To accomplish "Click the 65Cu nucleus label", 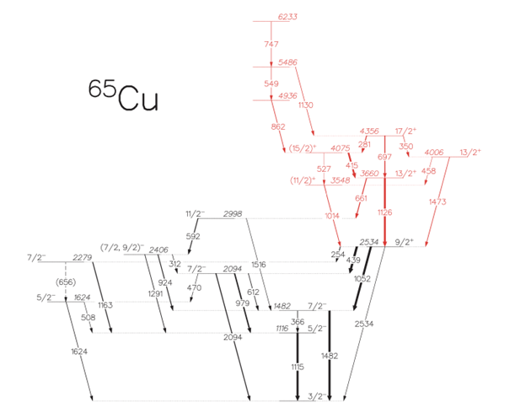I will click(123, 94).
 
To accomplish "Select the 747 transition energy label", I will click(271, 42).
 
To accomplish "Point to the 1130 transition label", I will click(306, 105).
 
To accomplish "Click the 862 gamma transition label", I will click(279, 127).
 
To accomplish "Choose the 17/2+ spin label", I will click(405, 131).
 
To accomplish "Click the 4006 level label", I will click(434, 153).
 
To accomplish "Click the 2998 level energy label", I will click(233, 214).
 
